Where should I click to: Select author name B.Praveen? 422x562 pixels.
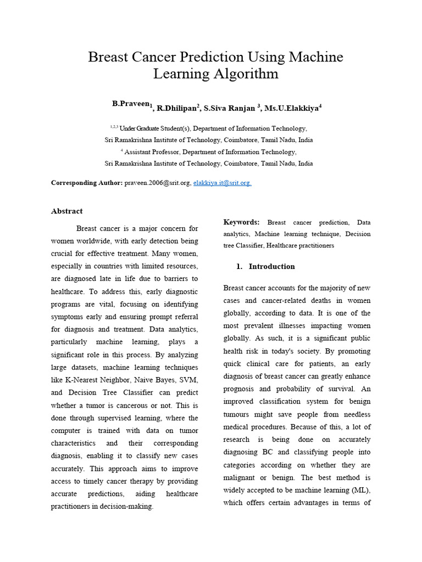[x=130, y=104]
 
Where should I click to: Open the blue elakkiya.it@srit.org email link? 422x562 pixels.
[x=222, y=183]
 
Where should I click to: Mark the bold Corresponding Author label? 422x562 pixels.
[x=87, y=183]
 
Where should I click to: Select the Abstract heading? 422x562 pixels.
[x=67, y=211]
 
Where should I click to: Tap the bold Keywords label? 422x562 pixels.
[x=241, y=222]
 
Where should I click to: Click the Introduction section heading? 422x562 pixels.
[x=271, y=267]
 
